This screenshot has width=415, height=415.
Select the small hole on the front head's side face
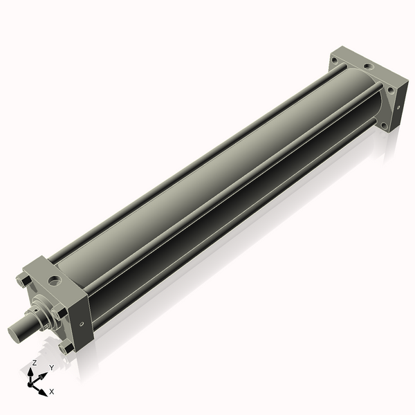click(82, 322)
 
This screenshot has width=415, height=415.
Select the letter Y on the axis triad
click(51, 368)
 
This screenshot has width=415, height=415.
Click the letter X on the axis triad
click(51, 391)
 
